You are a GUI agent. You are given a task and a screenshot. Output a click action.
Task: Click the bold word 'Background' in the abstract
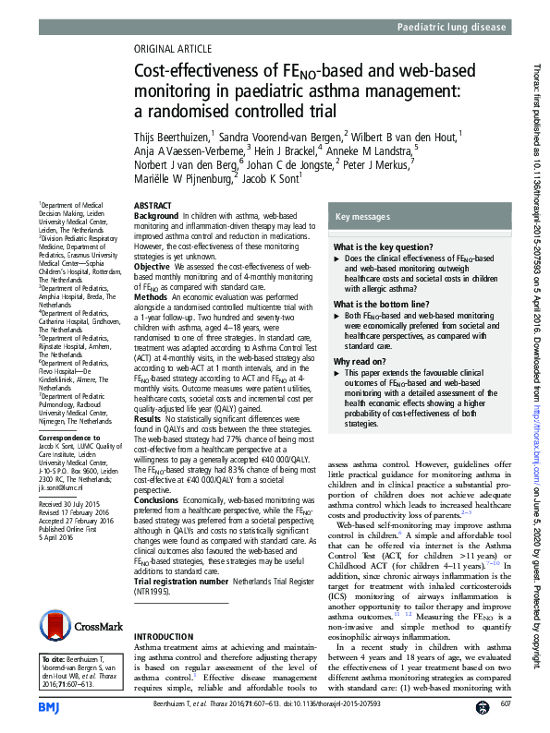[x=155, y=215]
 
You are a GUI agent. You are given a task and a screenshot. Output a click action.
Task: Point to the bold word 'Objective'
[x=153, y=266]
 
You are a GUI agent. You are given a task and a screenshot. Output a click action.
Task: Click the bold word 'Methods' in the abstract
[x=152, y=297]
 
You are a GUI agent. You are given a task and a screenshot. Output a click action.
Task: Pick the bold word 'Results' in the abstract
[x=150, y=420]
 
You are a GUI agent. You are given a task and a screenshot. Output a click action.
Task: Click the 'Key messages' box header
[x=364, y=216]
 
